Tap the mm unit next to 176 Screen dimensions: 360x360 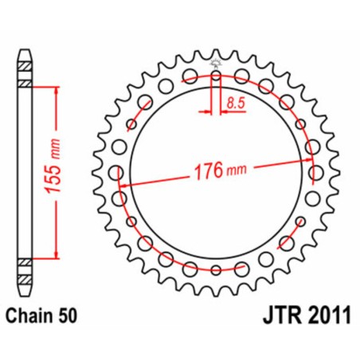click(x=237, y=170)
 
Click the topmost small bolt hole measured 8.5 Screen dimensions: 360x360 click(x=216, y=77)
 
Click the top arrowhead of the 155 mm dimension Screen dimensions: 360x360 click(x=56, y=90)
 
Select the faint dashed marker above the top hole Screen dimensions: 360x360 click(x=216, y=63)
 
